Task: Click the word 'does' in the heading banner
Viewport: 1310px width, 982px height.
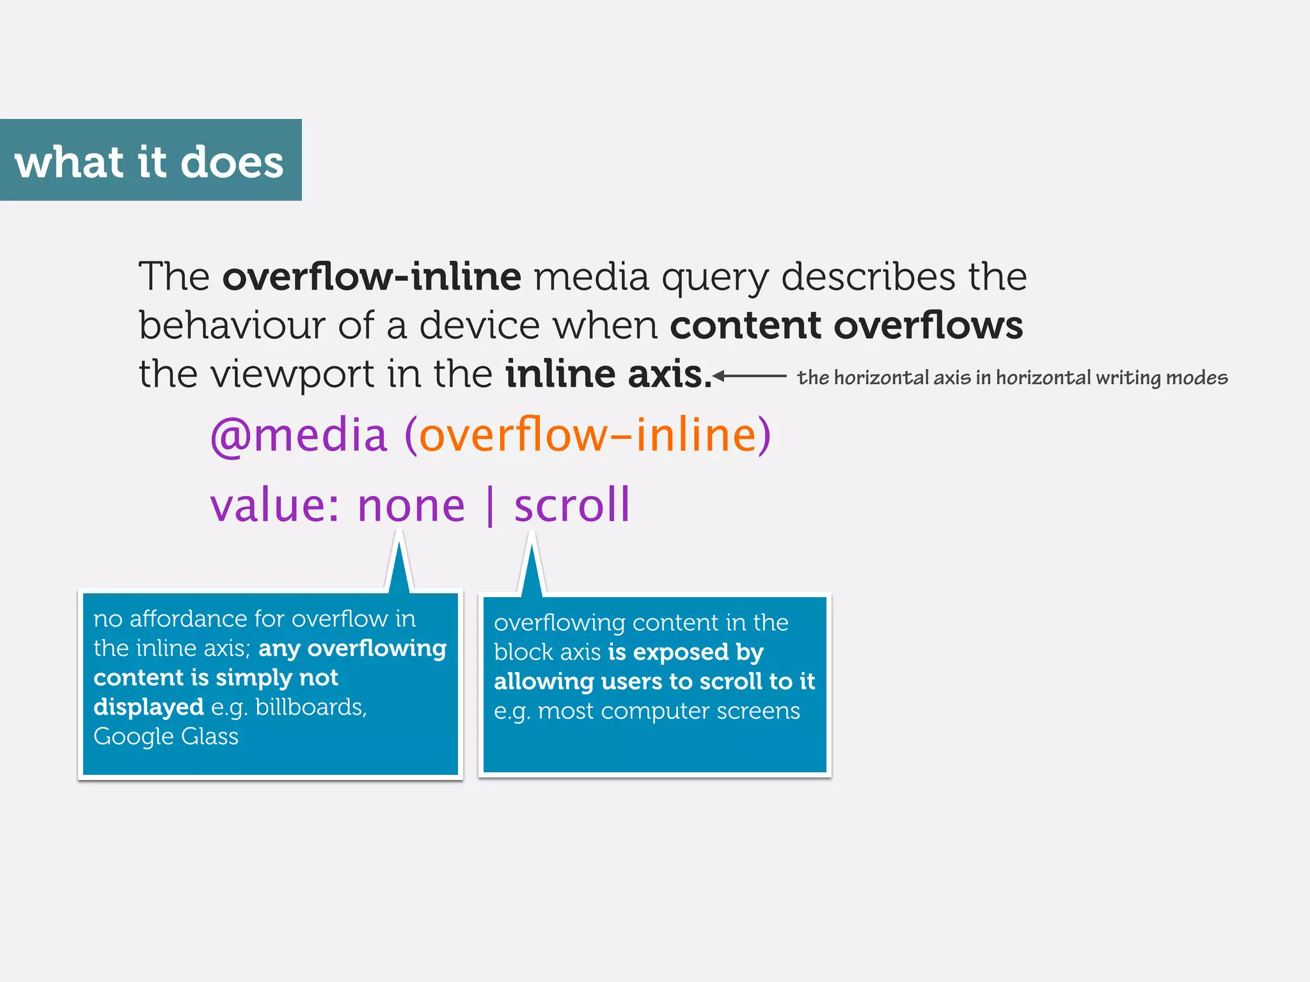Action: point(232,162)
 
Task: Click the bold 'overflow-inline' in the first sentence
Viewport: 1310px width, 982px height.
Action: point(372,277)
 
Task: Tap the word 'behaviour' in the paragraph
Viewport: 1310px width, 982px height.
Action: point(232,325)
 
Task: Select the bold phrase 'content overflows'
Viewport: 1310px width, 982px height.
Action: point(846,325)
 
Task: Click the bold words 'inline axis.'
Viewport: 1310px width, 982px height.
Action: point(608,375)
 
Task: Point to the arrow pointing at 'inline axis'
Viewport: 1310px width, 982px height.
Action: point(748,376)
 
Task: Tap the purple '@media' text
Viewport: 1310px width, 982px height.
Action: point(299,435)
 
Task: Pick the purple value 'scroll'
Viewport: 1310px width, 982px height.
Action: point(572,505)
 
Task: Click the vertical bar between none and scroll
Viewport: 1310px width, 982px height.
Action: point(490,506)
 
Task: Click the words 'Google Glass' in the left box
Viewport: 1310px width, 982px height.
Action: point(166,736)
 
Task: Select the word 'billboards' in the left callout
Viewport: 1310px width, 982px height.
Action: point(310,707)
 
